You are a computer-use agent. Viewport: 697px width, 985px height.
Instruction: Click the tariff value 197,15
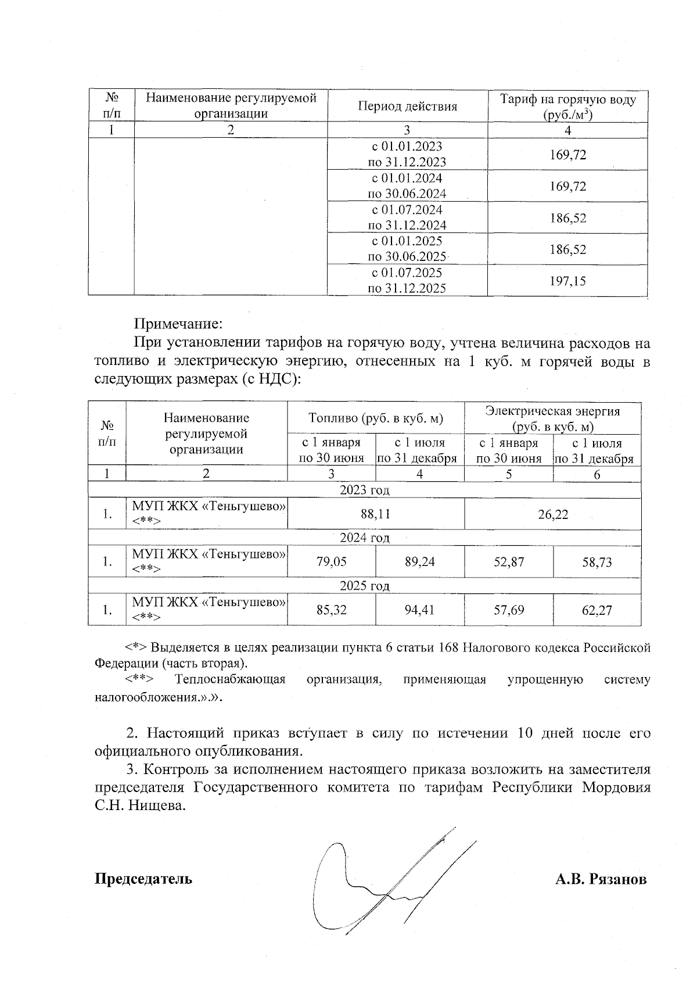coord(567,281)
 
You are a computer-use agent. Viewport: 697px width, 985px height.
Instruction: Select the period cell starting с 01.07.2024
coord(407,217)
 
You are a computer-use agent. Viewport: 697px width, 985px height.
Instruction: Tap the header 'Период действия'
coord(407,106)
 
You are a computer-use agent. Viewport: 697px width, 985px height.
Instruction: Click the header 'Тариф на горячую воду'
coord(567,99)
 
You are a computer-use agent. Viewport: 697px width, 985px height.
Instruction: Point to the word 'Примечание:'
coord(179,324)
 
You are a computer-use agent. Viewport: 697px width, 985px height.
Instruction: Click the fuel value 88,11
coord(375,514)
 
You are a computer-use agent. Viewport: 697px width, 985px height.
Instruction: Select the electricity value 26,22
coord(552,514)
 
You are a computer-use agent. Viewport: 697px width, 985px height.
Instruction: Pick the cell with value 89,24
coord(419,562)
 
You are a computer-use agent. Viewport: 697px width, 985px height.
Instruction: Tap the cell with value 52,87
coord(508,562)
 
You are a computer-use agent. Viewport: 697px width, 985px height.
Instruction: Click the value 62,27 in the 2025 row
coord(597,610)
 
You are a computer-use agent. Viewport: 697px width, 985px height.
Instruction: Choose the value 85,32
coord(332,610)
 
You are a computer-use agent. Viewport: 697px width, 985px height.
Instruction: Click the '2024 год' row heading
coord(364,538)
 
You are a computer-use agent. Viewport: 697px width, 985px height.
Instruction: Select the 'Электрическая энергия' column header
coord(552,411)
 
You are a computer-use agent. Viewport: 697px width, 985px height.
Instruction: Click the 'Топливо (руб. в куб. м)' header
coord(375,418)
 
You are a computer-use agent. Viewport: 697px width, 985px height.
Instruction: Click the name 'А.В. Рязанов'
coord(601,879)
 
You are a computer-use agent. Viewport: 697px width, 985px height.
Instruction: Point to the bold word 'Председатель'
coord(143,879)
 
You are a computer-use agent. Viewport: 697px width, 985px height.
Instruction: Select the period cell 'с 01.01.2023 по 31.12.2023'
coord(407,154)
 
